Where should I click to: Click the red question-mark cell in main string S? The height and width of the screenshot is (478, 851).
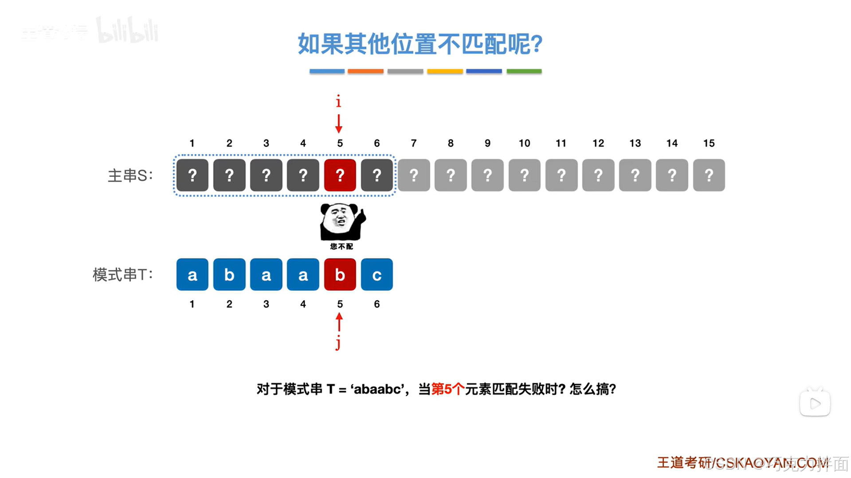[x=340, y=175]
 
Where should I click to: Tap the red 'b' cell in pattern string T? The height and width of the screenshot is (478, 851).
[x=340, y=275]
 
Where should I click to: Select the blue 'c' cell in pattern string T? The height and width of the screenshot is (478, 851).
[x=376, y=275]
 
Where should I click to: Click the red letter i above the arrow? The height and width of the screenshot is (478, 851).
[x=338, y=101]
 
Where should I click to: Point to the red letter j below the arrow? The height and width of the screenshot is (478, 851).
[x=338, y=342]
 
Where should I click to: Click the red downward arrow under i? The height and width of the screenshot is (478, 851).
[x=339, y=124]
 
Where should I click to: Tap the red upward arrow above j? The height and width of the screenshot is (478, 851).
[x=339, y=322]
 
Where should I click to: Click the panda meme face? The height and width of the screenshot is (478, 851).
[x=341, y=222]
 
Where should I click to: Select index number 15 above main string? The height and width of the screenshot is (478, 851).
[x=709, y=143]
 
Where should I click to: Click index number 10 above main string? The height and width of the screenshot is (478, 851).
[x=524, y=143]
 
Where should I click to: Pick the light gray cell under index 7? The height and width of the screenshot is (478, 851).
[x=413, y=175]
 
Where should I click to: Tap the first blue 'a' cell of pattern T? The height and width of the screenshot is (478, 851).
[x=192, y=275]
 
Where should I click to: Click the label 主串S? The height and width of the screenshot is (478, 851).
[x=130, y=175]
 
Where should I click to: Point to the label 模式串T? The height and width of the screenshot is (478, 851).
[x=122, y=275]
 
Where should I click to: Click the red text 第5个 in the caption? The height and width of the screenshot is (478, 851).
[x=447, y=389]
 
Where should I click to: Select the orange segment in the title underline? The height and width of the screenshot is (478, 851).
[x=365, y=71]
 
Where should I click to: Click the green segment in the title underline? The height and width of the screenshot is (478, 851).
[x=524, y=71]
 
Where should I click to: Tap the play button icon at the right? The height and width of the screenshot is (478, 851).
[x=815, y=403]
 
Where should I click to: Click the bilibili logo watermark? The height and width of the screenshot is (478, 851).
[x=127, y=31]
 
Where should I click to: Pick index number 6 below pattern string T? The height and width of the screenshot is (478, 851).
[x=376, y=304]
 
